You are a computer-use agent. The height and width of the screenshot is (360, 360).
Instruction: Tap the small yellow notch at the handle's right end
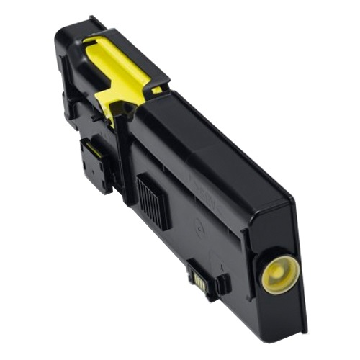(157, 91)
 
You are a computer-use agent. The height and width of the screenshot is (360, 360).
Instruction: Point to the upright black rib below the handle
(125, 151)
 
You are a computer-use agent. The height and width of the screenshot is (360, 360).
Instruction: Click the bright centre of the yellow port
(278, 274)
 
